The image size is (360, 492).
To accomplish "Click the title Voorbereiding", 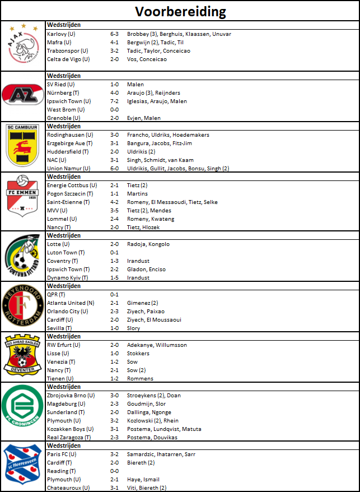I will pos(180,12).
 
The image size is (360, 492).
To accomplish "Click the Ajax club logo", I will pos(24,46).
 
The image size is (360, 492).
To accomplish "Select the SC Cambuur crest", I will pos(23,147).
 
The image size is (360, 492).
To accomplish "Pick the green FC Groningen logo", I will pos(23,411).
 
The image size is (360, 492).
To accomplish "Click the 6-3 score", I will pos(114,34).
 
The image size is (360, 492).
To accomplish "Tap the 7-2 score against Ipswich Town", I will pos(114,101).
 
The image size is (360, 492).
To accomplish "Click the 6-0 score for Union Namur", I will pos(114,169).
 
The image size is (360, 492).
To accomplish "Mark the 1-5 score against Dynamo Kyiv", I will pos(114,278).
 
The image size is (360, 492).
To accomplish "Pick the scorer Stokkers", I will pos(138,354).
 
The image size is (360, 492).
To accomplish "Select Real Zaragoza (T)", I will pos(68,438).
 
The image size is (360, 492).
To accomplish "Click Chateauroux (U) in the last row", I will pos(68,488).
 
